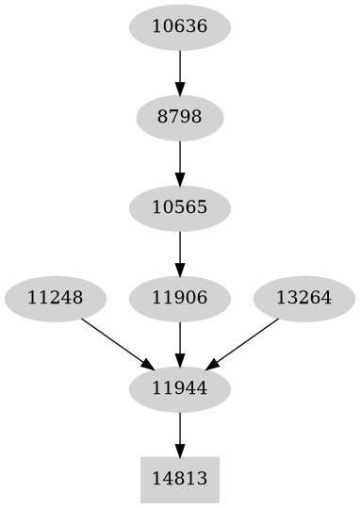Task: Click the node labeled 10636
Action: (x=179, y=26)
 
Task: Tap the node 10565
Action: (x=179, y=206)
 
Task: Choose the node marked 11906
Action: (x=179, y=298)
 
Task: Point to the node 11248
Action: (x=55, y=298)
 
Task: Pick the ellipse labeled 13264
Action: (x=304, y=298)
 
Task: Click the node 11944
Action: (x=179, y=387)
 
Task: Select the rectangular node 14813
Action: (x=179, y=479)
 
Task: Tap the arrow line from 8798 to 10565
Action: (x=179, y=158)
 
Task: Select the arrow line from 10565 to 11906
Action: (x=179, y=249)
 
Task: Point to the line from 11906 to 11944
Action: (x=179, y=339)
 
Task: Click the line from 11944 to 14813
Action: (x=179, y=430)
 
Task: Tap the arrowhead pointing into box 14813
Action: (x=179, y=450)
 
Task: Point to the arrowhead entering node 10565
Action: (x=179, y=178)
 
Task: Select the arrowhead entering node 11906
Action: (x=179, y=269)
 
